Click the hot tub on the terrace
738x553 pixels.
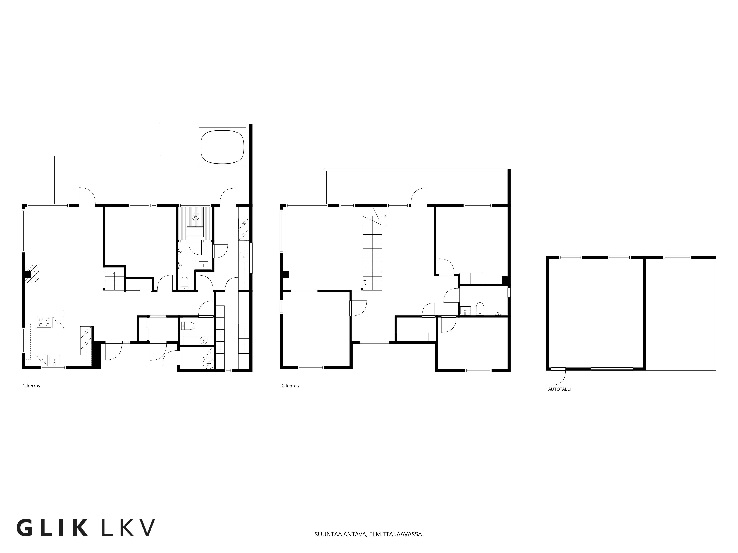click(x=222, y=147)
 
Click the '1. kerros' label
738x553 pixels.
click(x=31, y=386)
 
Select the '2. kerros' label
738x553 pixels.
click(x=290, y=386)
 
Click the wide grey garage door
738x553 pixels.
click(x=612, y=369)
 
